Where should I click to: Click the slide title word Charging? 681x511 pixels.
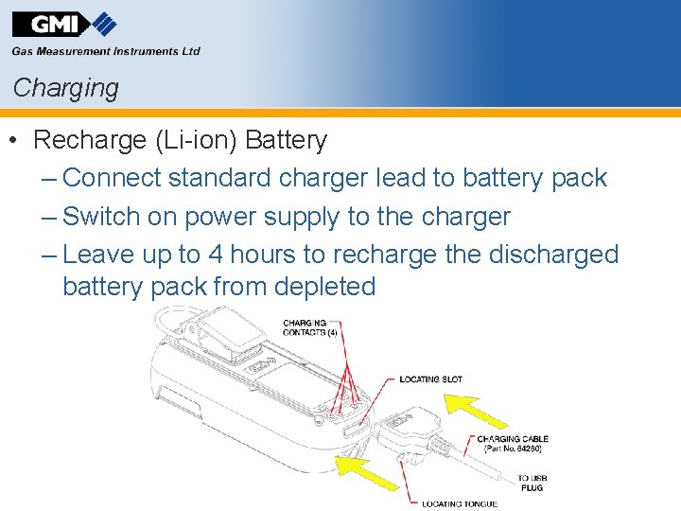click(66, 88)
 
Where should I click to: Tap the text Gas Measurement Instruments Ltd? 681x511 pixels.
click(106, 52)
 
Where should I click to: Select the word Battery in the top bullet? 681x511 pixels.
click(286, 141)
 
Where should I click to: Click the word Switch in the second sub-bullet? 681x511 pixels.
click(101, 217)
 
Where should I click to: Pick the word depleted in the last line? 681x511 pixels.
click(324, 287)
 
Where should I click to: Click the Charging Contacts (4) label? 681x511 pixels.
click(305, 327)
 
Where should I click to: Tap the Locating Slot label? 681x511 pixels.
click(430, 379)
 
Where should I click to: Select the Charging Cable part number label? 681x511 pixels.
click(513, 444)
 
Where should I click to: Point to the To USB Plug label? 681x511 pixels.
click(531, 483)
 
